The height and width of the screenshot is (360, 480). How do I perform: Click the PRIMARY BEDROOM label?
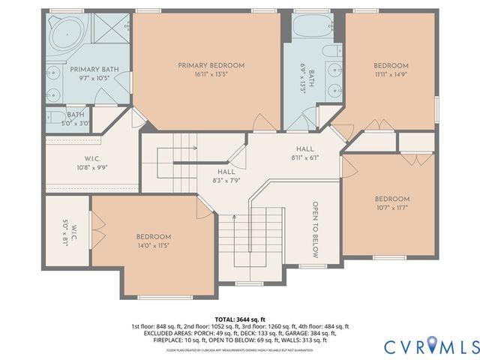coord(211,66)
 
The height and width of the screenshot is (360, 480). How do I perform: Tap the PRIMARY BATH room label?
coord(90,69)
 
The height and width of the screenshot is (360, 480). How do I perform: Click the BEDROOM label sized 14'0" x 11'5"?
coord(154,237)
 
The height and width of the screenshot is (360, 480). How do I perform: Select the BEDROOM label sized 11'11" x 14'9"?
coord(391,66)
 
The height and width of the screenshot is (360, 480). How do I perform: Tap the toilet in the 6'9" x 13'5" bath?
coord(328,54)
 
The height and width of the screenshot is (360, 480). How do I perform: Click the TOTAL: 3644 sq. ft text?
coord(239,319)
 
